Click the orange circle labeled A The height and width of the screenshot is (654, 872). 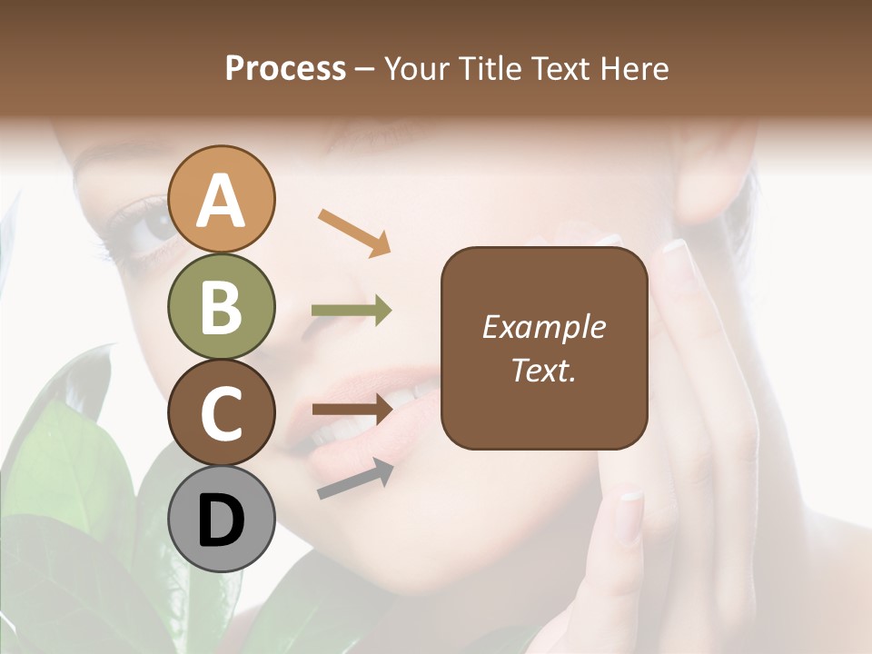[221, 199]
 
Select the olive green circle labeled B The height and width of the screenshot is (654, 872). [221, 306]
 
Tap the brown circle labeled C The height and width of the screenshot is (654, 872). [221, 412]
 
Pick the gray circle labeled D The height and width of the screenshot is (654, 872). [221, 519]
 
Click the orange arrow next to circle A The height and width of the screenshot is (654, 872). [355, 231]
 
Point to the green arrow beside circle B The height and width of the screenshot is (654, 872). [352, 311]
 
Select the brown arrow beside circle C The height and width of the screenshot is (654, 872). [352, 408]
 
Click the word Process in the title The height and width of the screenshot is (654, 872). [285, 68]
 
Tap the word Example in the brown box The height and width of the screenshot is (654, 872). [544, 327]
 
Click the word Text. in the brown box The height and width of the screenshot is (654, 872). [543, 370]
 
